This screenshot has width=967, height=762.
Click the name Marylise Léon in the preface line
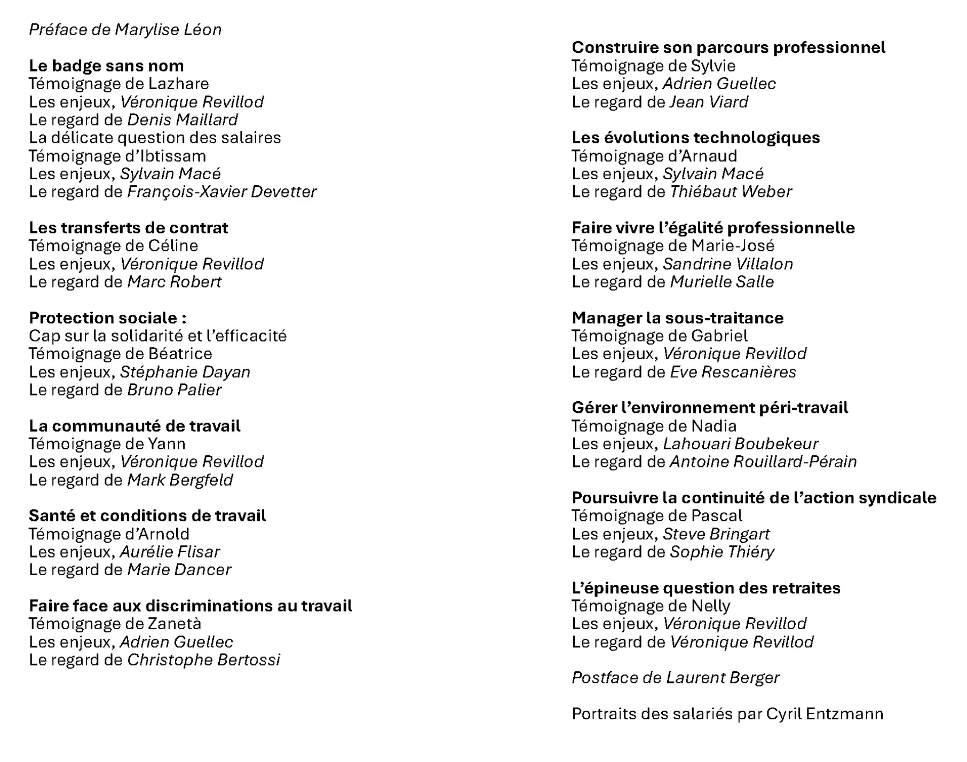168,29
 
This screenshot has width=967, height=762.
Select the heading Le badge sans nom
106,66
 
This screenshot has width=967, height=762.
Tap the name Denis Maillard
182,120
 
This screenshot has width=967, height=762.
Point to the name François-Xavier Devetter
221,192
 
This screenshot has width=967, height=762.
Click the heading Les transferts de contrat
128,228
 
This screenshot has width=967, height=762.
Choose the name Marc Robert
174,282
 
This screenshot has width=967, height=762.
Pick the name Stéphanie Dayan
185,372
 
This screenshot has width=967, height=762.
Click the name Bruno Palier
174,390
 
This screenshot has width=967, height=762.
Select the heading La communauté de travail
134,426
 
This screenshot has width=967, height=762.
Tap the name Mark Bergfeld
180,480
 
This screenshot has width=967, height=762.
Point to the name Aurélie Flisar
170,552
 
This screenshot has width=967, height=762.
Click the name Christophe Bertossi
203,660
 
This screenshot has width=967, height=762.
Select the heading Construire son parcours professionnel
728,47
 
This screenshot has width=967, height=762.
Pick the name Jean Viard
709,102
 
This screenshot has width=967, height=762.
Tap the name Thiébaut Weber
731,192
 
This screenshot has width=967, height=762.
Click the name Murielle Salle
722,282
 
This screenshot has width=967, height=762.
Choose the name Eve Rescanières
733,372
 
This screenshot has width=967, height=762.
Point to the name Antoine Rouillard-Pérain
763,462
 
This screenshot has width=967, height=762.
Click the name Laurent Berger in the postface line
723,678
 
